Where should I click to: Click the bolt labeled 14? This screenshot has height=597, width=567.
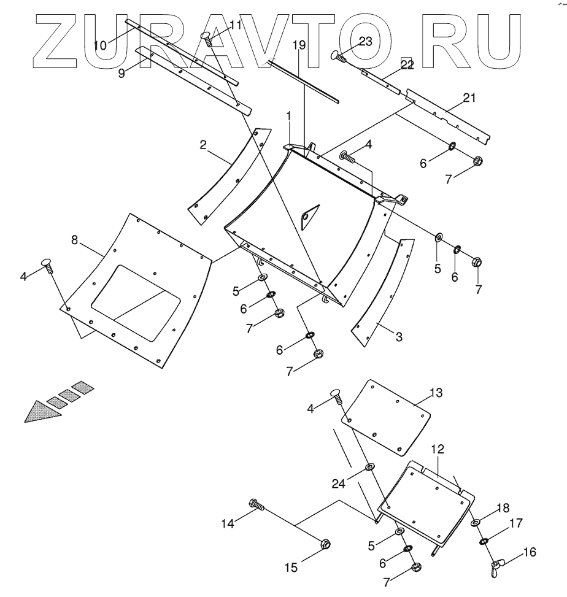point(258,506)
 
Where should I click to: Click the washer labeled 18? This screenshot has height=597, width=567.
point(476,523)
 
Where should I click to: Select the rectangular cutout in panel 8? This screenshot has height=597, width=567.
point(136,302)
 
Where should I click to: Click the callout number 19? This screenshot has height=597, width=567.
point(299,45)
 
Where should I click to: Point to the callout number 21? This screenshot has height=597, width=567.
point(469,97)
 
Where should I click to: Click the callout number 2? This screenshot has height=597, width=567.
point(202,145)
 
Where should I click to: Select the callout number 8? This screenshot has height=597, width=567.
point(74,240)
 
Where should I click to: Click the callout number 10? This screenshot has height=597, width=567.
point(100,44)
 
